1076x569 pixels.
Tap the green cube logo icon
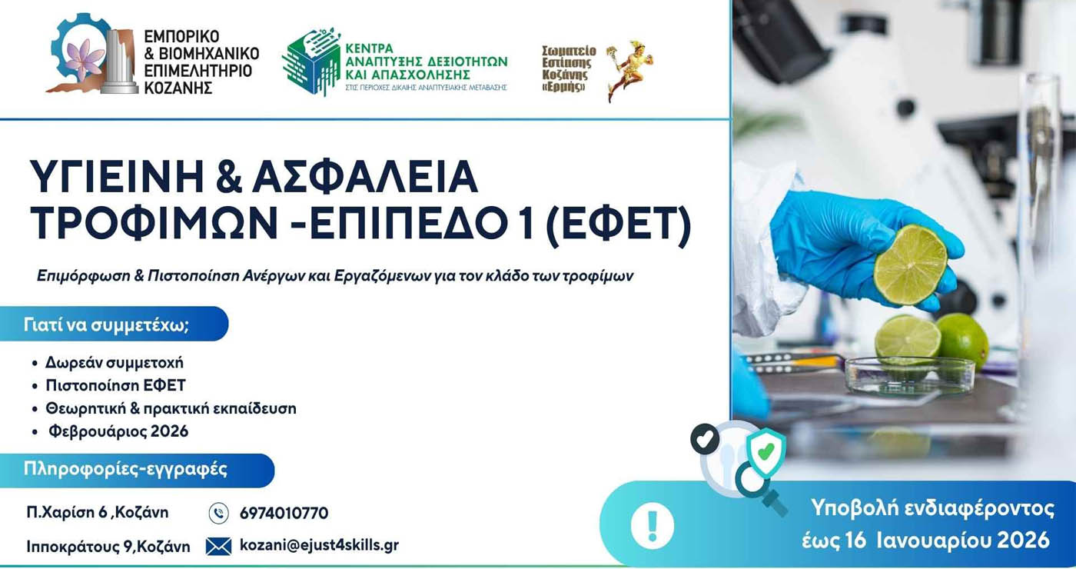311,61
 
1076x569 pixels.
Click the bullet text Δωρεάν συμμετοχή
114,362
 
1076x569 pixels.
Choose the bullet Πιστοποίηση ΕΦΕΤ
115,385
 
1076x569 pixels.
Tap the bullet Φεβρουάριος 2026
118,431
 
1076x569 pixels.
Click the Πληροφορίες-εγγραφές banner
136,469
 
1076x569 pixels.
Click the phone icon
218,513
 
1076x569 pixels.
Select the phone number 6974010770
284,513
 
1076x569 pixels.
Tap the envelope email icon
218,546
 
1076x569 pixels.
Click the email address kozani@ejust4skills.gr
319,545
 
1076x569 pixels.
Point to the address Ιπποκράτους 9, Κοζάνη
108,547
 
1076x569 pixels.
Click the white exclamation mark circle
652,526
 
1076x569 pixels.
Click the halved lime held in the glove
911,265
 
